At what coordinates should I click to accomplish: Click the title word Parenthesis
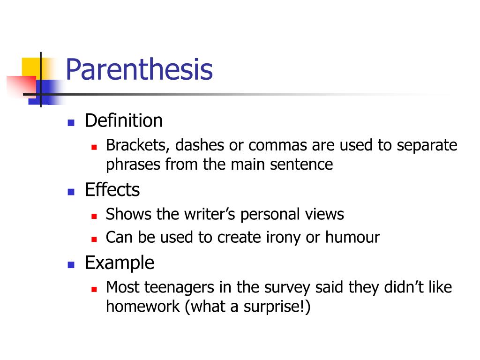(139, 69)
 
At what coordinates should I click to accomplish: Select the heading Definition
(124, 121)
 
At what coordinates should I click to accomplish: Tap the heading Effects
(112, 190)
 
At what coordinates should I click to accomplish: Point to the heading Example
(119, 262)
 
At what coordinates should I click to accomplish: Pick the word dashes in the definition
(200, 145)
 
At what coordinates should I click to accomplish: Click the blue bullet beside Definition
(71, 123)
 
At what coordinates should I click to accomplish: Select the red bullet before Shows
(94, 217)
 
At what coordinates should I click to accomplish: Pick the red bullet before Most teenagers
(94, 289)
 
